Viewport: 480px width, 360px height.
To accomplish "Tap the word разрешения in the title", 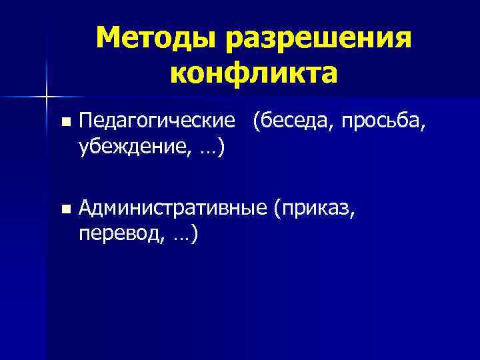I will tap(317, 40).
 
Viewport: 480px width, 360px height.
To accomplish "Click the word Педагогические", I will tap(157, 122).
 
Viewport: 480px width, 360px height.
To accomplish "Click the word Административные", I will tap(173, 209).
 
